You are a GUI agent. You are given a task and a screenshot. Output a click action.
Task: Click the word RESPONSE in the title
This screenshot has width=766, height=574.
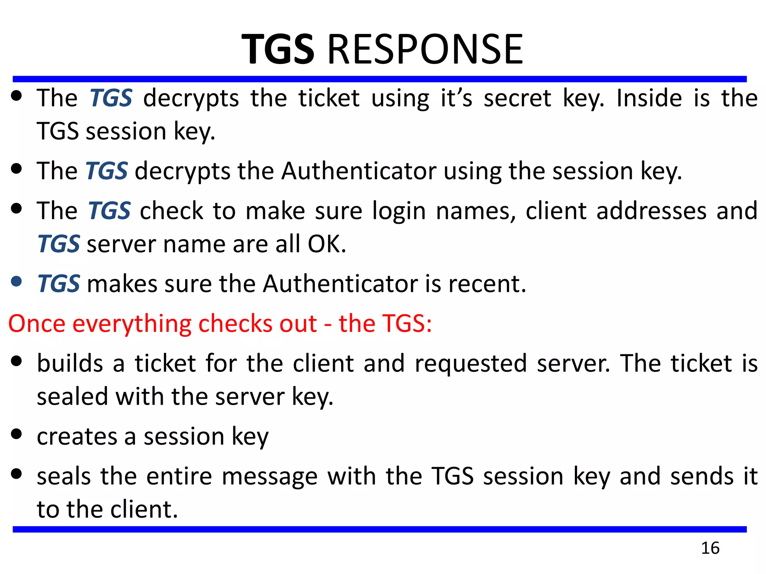[425, 49]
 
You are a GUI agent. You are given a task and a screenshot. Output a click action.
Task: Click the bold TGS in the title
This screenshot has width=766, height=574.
[278, 49]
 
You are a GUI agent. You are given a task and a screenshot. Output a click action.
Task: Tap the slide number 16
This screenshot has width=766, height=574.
[710, 548]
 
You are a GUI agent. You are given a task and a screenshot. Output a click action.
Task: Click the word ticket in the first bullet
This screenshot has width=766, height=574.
[329, 98]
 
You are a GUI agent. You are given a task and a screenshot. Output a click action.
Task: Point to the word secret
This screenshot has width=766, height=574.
[517, 98]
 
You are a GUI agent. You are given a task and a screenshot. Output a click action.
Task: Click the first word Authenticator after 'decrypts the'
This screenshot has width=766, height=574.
[359, 171]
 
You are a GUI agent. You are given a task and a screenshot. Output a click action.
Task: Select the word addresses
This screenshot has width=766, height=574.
[651, 211]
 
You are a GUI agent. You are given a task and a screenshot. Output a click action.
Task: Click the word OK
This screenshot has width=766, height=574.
[327, 244]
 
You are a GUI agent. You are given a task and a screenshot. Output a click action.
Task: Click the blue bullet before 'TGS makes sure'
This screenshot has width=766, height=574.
[16, 281]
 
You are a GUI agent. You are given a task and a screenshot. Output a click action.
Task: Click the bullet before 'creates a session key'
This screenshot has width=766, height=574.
[16, 434]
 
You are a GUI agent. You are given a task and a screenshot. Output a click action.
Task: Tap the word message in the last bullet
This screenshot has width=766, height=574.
[270, 476]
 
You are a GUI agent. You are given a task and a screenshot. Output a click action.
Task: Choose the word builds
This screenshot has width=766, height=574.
[70, 363]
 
